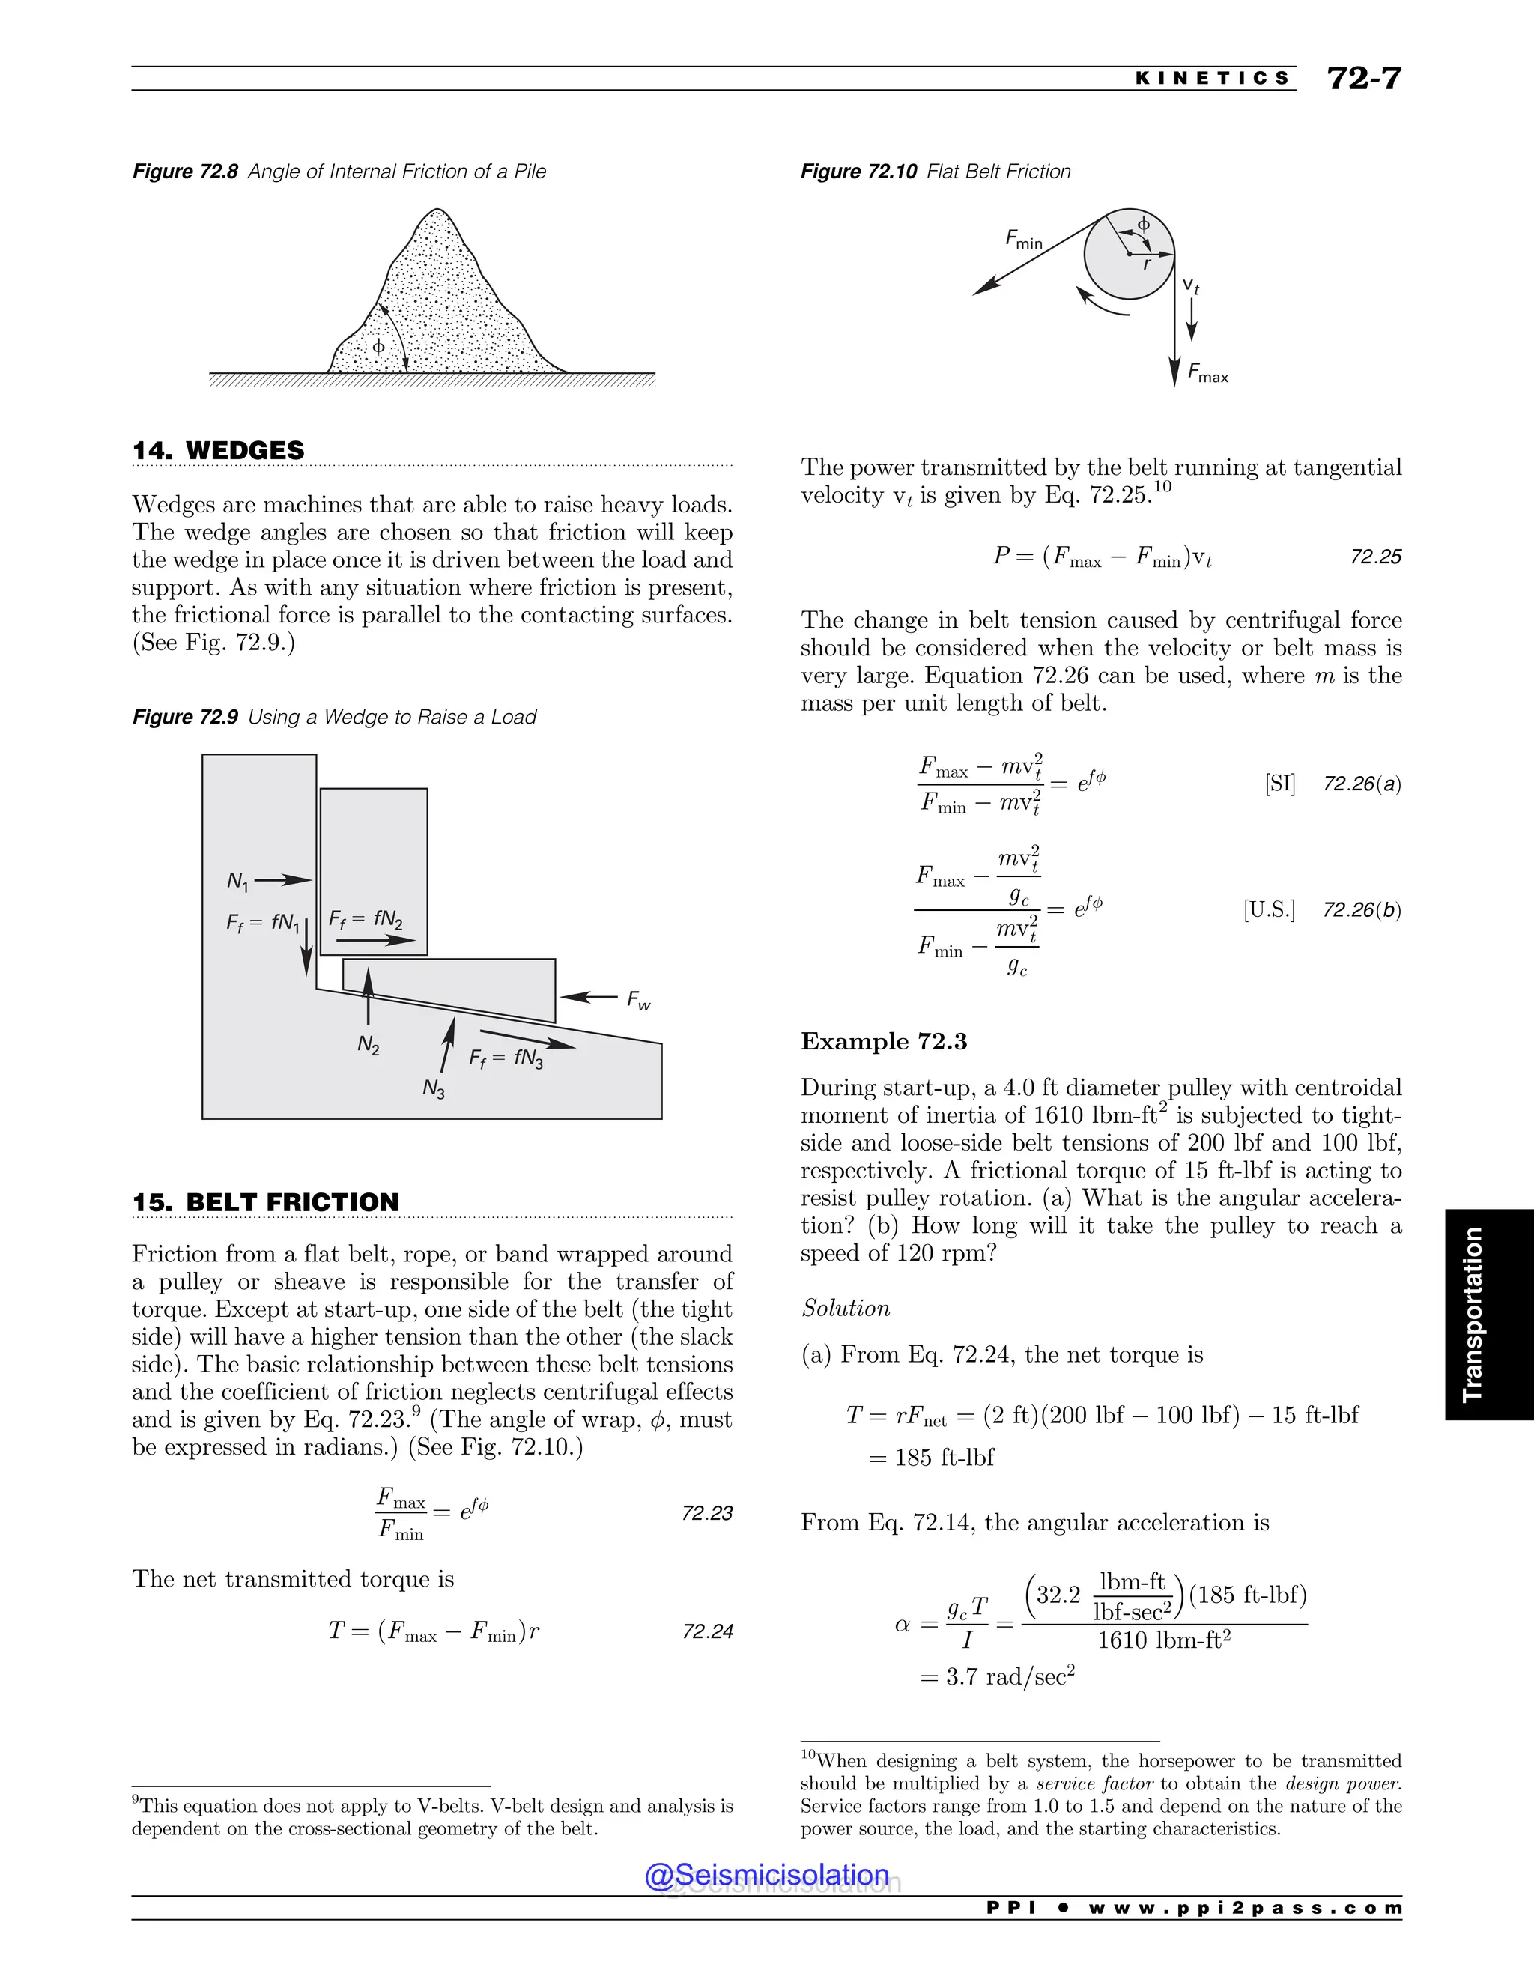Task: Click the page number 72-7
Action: point(1363,78)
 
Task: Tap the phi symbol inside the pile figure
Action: point(379,346)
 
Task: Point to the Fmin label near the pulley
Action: point(1023,239)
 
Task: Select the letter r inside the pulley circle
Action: point(1146,264)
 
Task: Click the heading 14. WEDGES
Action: point(218,451)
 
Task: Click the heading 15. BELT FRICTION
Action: point(265,1202)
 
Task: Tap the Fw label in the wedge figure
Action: point(639,1001)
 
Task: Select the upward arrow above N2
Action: point(368,996)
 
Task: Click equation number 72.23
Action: point(706,1513)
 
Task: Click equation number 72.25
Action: point(1375,557)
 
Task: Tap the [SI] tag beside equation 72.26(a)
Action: point(1279,784)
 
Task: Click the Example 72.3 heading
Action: point(883,1042)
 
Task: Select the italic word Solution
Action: point(845,1308)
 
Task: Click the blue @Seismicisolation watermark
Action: point(767,1875)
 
